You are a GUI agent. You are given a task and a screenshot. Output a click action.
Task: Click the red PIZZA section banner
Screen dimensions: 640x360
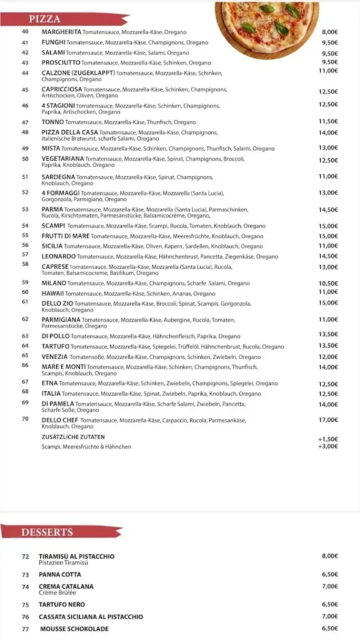(62, 19)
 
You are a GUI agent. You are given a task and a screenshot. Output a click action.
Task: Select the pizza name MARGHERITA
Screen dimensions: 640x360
(61, 32)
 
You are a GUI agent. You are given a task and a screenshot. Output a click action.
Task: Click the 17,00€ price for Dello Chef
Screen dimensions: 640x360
(328, 420)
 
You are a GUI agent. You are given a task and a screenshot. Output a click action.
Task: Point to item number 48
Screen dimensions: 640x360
(26, 132)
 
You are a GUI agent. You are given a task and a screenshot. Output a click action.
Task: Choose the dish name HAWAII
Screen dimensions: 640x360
(53, 293)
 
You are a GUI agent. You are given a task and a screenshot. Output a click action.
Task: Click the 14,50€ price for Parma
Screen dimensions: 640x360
(328, 209)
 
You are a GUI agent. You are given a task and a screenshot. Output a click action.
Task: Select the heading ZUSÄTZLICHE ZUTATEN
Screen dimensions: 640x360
(73, 437)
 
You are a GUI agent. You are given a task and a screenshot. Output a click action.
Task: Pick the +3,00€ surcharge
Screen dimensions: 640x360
(328, 446)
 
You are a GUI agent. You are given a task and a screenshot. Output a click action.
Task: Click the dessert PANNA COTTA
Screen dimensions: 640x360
(60, 574)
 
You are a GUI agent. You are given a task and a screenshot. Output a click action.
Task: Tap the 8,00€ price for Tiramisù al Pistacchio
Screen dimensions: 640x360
(330, 556)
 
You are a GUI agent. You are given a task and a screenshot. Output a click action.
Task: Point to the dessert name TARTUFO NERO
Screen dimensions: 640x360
(62, 604)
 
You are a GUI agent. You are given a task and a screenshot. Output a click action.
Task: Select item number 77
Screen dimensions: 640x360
(26, 629)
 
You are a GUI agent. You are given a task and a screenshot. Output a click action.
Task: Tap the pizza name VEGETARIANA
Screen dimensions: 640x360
(62, 159)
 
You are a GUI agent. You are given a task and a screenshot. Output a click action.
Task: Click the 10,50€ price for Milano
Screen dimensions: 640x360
(328, 283)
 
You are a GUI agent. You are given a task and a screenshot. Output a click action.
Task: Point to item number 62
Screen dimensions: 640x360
(26, 319)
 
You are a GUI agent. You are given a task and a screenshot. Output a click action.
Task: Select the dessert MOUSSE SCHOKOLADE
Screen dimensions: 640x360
(74, 629)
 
